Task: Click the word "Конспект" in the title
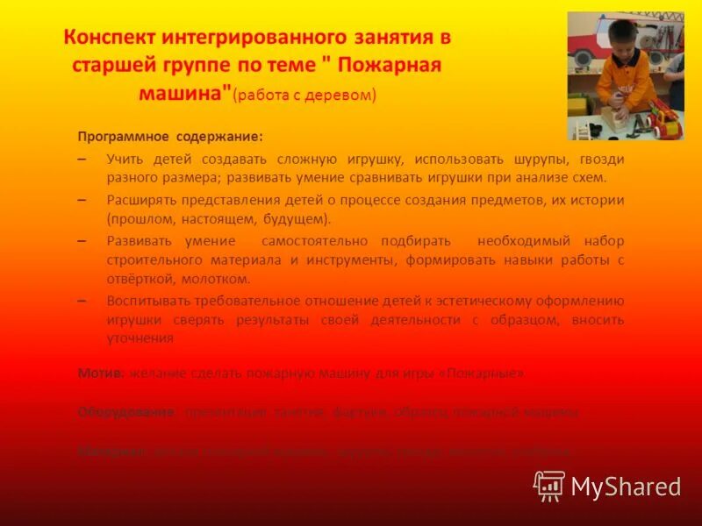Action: (110, 38)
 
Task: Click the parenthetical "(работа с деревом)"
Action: (306, 96)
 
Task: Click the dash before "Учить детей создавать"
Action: (82, 160)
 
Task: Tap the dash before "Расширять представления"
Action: (82, 200)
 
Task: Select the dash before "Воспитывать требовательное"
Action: (82, 301)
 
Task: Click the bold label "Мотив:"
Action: (100, 373)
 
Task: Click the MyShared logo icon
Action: (549, 485)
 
